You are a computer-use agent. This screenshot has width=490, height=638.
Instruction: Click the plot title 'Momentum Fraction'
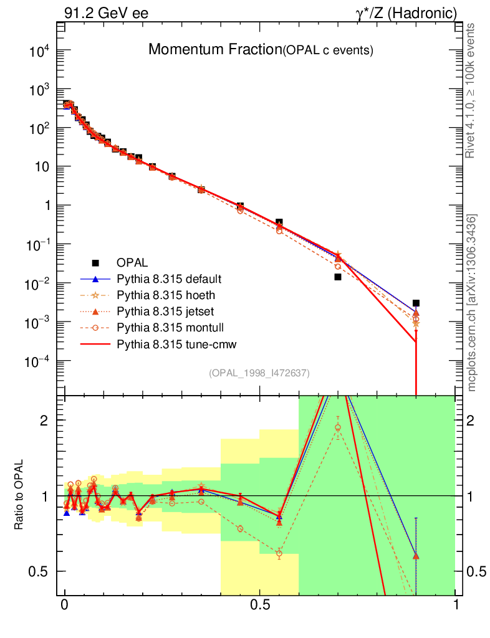point(215,50)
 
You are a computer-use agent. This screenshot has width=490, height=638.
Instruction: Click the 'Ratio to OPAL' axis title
point(20,495)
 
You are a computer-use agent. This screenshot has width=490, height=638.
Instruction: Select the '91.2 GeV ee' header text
point(106,12)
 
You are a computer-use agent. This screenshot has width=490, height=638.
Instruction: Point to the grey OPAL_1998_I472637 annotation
point(259,373)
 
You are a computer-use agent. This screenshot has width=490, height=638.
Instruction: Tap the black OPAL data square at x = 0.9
point(416,303)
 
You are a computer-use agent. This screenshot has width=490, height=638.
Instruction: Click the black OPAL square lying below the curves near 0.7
point(338,277)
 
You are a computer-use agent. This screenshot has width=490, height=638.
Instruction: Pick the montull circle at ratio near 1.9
point(338,427)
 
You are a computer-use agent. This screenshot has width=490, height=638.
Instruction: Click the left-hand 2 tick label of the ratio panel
point(44,420)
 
